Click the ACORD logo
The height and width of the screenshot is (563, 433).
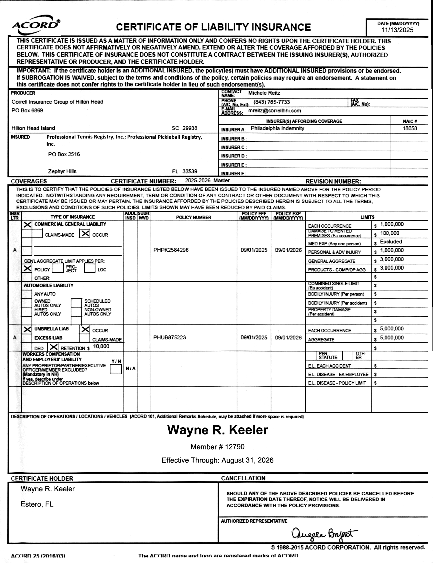click(x=36, y=25)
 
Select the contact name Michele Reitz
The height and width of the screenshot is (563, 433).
click(x=264, y=93)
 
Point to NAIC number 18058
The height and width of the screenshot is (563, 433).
click(x=410, y=128)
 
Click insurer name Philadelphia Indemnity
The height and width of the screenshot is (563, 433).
click(x=277, y=128)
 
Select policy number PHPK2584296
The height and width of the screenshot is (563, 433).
click(x=171, y=250)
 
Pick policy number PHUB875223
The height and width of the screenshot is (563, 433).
click(x=169, y=337)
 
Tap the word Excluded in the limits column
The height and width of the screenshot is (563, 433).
click(x=391, y=242)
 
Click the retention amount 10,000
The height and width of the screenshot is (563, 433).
click(x=101, y=346)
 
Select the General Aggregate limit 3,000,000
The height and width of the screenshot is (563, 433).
click(x=391, y=259)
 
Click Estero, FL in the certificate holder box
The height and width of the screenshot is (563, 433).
click(x=37, y=504)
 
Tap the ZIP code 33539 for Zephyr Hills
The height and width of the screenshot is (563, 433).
click(x=190, y=171)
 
